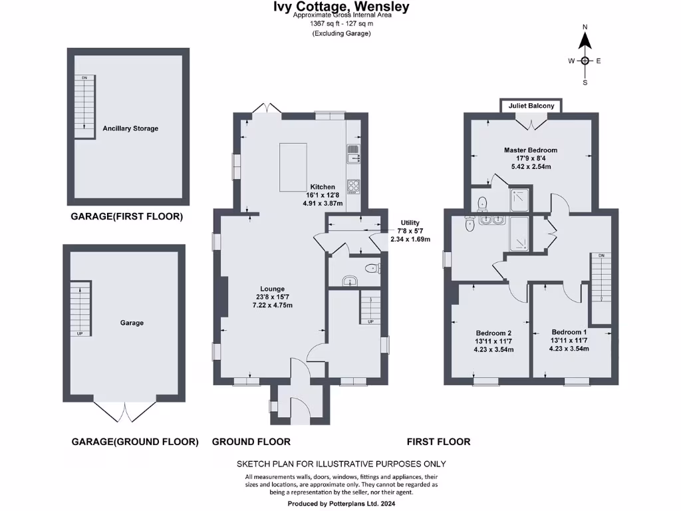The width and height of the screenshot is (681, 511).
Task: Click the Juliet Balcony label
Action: (x=531, y=106)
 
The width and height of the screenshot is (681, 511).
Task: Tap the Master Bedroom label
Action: (x=530, y=150)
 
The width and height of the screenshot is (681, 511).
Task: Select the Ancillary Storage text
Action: (x=130, y=128)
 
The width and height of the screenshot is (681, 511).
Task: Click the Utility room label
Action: (x=410, y=223)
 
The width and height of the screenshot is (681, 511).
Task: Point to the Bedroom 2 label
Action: (x=493, y=333)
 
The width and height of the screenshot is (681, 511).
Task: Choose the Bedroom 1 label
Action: (x=569, y=332)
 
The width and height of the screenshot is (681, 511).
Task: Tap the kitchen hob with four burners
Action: (x=353, y=186)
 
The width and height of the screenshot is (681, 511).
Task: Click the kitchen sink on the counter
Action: (x=353, y=153)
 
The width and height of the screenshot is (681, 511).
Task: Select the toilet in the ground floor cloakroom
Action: (x=374, y=268)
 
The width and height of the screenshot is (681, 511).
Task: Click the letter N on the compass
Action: (x=585, y=27)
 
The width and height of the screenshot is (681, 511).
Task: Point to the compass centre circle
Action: (x=585, y=61)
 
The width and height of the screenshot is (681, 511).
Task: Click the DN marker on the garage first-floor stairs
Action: (x=84, y=79)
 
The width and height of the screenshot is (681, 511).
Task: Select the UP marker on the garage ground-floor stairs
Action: (x=80, y=333)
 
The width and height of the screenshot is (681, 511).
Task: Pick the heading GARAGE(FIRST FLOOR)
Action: (x=126, y=217)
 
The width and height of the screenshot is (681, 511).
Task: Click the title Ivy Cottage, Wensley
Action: (x=342, y=7)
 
